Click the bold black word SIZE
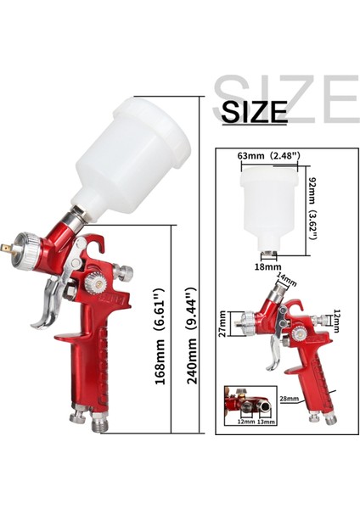[x=254, y=112]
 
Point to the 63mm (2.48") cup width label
[x=268, y=156]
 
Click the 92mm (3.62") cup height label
[x=312, y=209]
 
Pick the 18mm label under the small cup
[x=268, y=267]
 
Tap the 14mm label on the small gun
[x=286, y=279]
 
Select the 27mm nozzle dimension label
[x=222, y=324]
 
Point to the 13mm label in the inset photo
[x=266, y=422]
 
